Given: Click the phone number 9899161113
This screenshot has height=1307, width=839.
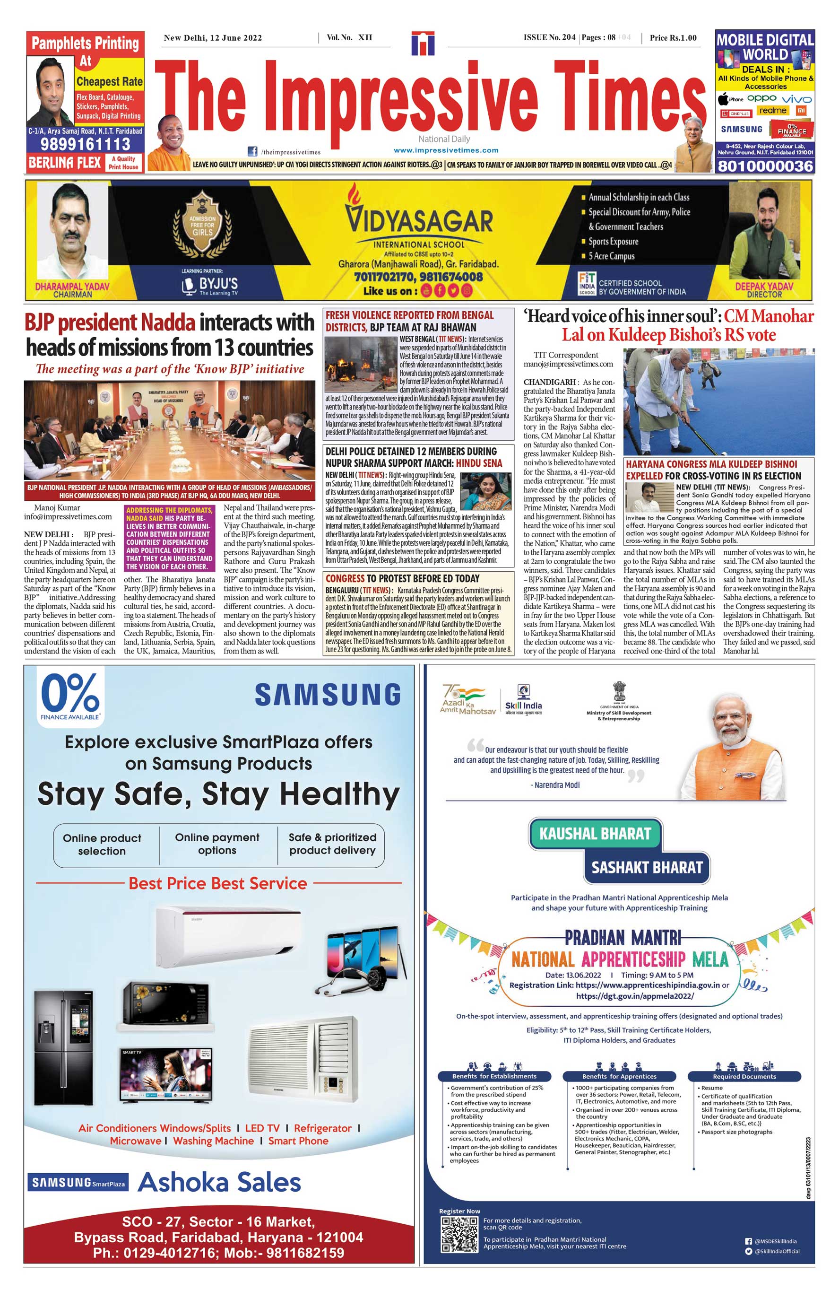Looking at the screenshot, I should pyautogui.click(x=86, y=144).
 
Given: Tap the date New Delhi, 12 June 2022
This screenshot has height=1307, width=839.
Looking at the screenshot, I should pyautogui.click(x=213, y=38).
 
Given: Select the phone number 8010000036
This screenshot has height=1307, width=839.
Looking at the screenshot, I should pyautogui.click(x=765, y=166).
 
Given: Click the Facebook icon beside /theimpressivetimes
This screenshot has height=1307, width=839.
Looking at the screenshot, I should pyautogui.click(x=253, y=151).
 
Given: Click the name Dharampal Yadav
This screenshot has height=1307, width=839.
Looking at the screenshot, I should pyautogui.click(x=72, y=286).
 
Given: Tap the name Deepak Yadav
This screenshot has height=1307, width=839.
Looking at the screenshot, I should pyautogui.click(x=764, y=286).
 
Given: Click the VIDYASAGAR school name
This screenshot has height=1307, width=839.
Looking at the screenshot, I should pyautogui.click(x=418, y=221).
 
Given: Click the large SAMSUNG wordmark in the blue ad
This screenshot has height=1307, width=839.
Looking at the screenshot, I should pyautogui.click(x=328, y=696).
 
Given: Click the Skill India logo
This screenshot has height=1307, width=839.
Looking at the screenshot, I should pyautogui.click(x=523, y=700).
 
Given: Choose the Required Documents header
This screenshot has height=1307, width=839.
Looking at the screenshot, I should pyautogui.click(x=744, y=1076).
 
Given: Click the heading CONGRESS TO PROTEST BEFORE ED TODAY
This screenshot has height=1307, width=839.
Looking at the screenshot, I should pyautogui.click(x=403, y=578).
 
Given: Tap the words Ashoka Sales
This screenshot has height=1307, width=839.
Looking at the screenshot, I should pyautogui.click(x=219, y=1182).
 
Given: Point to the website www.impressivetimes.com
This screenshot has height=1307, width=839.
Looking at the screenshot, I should pyautogui.click(x=446, y=150).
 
